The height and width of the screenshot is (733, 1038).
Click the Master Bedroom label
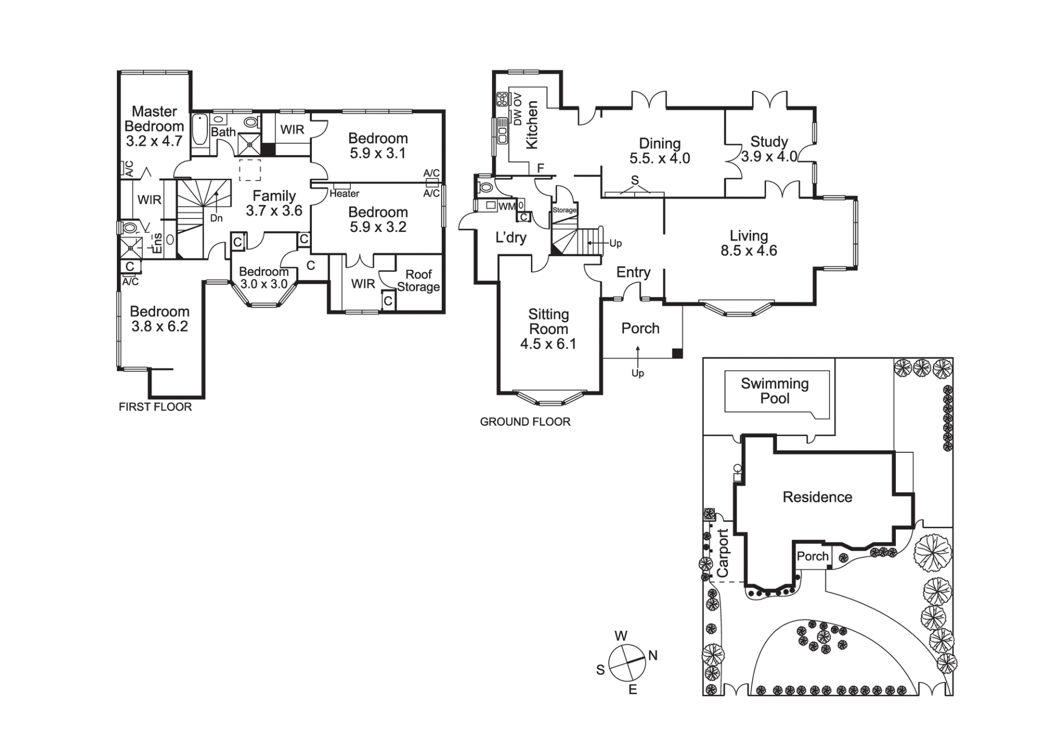click(x=154, y=119)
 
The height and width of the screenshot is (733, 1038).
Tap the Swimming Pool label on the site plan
click(x=775, y=391)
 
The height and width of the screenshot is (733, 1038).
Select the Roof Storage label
click(x=418, y=281)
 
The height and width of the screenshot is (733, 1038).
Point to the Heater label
click(x=344, y=194)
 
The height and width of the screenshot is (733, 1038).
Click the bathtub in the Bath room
click(x=199, y=129)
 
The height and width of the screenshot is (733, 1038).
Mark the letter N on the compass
click(x=653, y=656)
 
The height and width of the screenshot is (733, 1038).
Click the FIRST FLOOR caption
click(x=155, y=407)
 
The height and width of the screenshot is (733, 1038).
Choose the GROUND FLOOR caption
click(x=525, y=422)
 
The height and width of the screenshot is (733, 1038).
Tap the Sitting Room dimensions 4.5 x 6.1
click(x=548, y=344)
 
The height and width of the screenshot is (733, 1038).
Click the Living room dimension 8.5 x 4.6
click(x=749, y=251)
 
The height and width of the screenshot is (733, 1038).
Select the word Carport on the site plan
click(x=723, y=552)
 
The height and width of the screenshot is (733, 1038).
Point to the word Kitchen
click(x=533, y=125)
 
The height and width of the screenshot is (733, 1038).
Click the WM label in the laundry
click(x=507, y=206)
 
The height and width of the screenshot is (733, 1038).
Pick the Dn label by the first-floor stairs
click(x=216, y=218)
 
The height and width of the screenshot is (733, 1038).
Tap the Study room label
click(x=769, y=142)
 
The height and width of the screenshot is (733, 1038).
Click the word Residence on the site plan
click(x=817, y=497)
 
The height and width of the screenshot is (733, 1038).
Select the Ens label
click(x=157, y=243)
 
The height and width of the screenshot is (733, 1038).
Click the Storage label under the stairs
click(x=564, y=210)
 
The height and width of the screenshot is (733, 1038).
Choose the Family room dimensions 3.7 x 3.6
click(x=274, y=211)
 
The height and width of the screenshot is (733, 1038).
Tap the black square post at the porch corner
click(x=677, y=354)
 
